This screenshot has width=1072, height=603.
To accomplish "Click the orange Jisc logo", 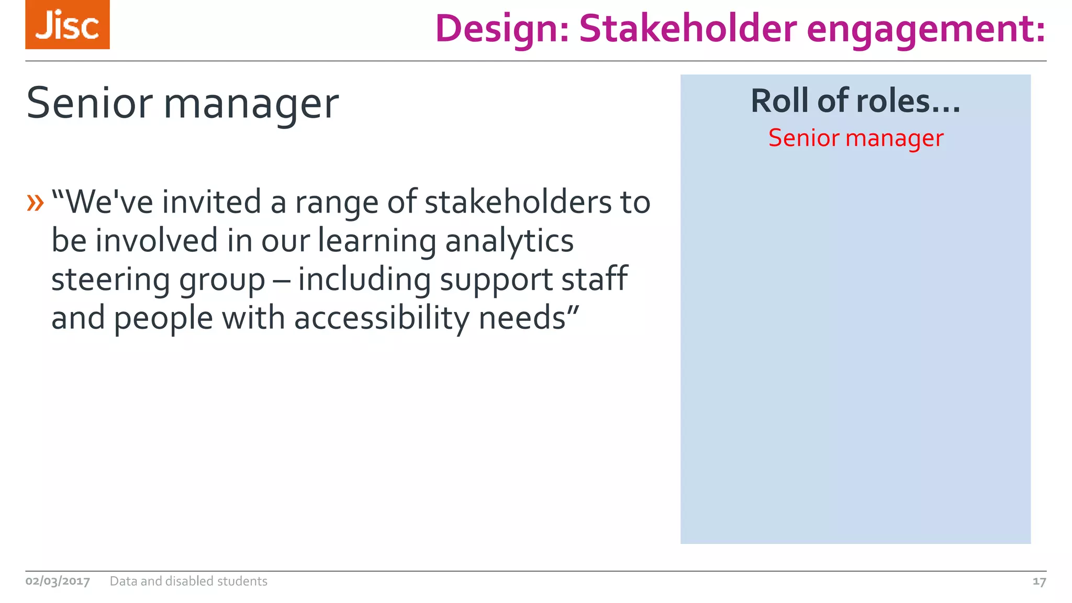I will click(x=68, y=25).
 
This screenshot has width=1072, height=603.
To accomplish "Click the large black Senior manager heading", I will click(x=182, y=103).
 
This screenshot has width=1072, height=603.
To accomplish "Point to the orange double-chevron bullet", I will click(x=35, y=203).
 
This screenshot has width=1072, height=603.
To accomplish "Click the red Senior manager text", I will click(x=856, y=138).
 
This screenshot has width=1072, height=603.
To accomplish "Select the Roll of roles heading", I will click(x=856, y=100).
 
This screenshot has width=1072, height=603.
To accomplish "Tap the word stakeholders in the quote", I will click(x=518, y=202).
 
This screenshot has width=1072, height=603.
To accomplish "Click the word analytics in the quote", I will click(x=509, y=241).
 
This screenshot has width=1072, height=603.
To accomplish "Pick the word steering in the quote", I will click(x=110, y=280).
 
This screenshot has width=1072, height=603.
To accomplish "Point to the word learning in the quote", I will click(x=376, y=241).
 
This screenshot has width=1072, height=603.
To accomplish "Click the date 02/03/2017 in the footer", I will click(x=58, y=581).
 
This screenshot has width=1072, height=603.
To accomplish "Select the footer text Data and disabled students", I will click(x=188, y=581).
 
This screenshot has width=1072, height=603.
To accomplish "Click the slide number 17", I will click(x=1039, y=582).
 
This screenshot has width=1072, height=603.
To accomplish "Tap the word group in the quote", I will click(x=222, y=280).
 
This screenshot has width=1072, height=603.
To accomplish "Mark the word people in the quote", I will click(x=163, y=318).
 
